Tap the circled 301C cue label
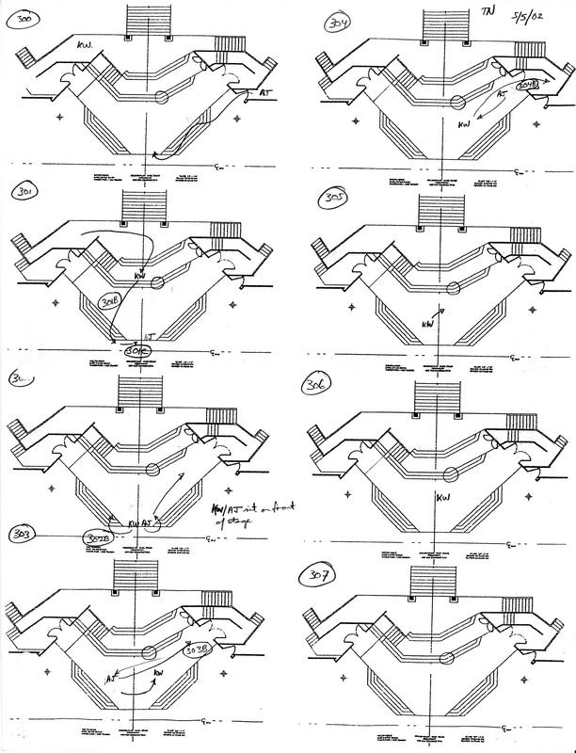[136, 350]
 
